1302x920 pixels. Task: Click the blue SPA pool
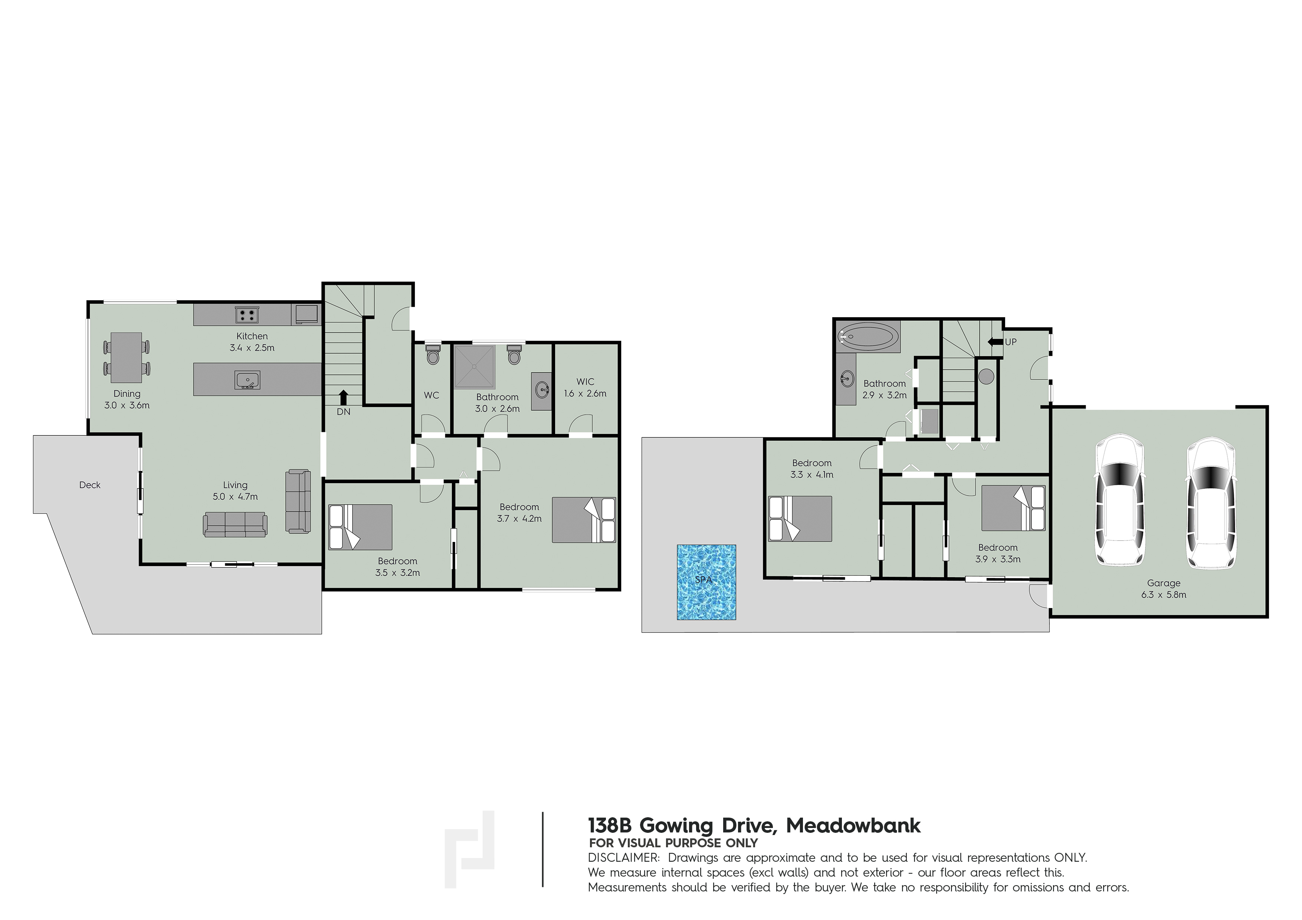pos(706,582)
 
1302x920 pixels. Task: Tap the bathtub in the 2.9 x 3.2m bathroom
pos(868,336)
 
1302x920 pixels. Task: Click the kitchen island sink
pos(247,380)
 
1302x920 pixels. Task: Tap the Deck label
pos(89,484)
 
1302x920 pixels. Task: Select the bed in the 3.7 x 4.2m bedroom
pos(584,520)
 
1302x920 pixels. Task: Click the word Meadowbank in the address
pos(853,825)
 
